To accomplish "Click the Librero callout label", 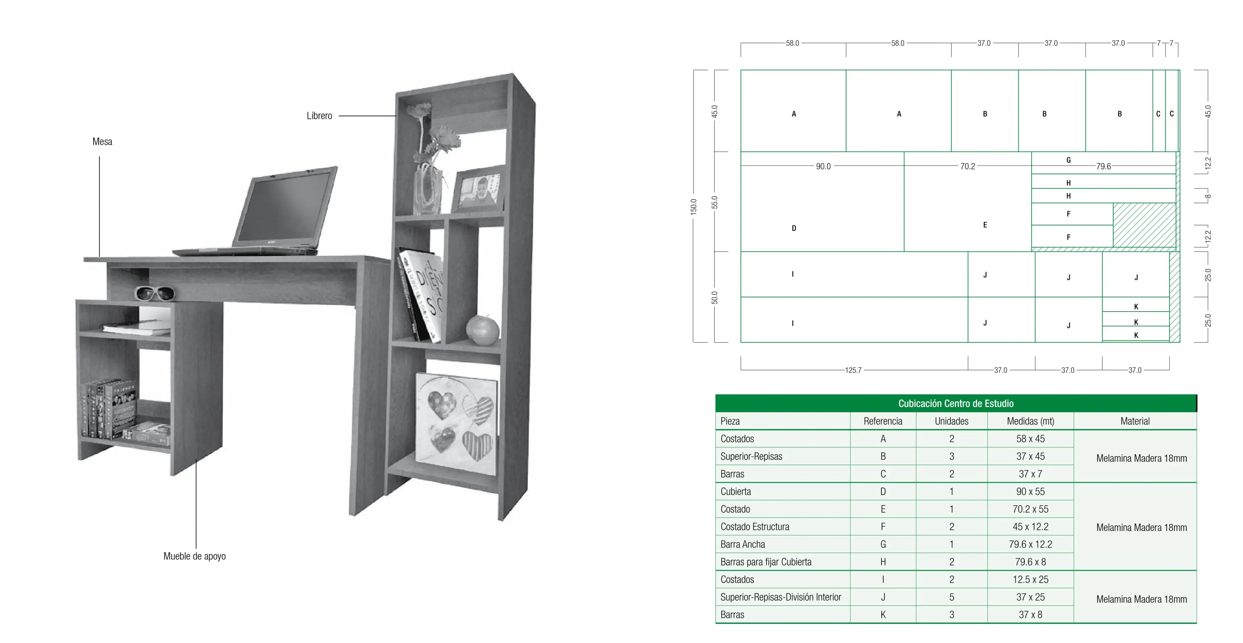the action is click(319, 116).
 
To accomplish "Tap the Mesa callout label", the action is click(102, 141).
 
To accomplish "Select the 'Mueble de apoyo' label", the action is click(194, 556).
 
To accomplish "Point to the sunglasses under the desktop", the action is click(154, 293).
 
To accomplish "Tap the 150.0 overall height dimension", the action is click(694, 207).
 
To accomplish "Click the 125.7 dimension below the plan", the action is click(853, 370).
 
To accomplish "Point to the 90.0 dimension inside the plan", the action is click(823, 166).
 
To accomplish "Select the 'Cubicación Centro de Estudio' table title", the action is click(956, 403).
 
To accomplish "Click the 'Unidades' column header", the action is click(951, 421).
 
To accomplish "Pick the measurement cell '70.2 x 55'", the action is click(1030, 509).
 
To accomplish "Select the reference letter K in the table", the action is click(883, 615).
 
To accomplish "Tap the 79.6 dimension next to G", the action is click(1104, 166).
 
